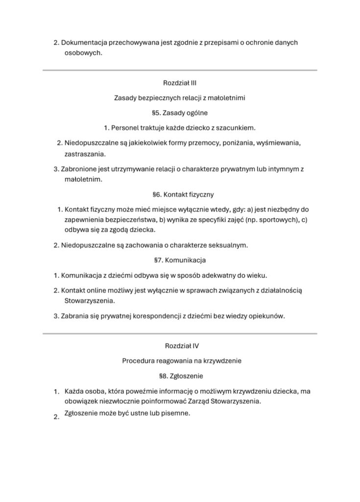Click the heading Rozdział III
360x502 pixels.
point(180,83)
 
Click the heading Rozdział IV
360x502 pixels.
point(180,346)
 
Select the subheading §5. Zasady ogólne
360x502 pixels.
point(180,113)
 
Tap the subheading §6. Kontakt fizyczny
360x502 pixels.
point(180,194)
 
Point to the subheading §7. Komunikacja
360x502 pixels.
point(180,259)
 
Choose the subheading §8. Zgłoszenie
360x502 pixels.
point(180,376)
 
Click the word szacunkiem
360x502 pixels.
point(237,128)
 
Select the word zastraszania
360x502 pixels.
point(85,154)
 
